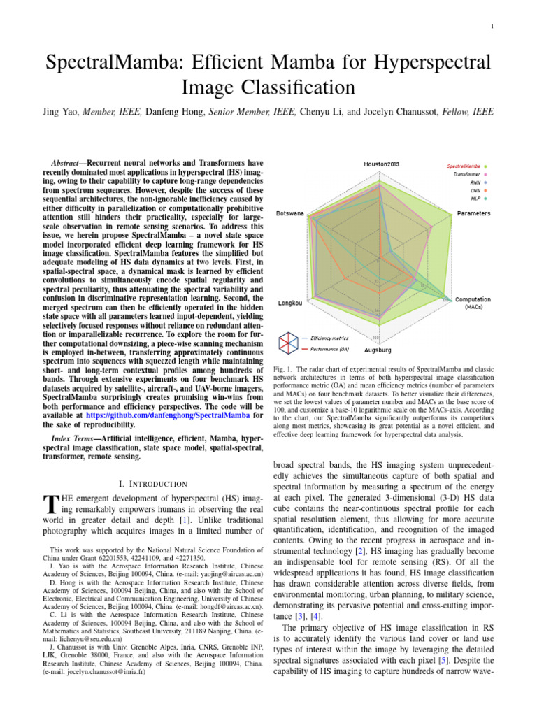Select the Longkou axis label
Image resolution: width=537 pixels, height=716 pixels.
(x=290, y=303)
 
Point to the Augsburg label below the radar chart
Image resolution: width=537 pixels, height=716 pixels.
(x=378, y=349)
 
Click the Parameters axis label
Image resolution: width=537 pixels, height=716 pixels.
(x=473, y=213)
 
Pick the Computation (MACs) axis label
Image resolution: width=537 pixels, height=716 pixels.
(x=473, y=303)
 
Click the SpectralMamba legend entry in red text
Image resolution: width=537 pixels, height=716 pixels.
(x=468, y=166)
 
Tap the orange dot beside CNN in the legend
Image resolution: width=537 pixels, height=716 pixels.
(x=485, y=189)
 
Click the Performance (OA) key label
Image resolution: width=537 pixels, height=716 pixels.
(x=329, y=348)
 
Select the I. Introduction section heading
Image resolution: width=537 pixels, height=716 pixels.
(x=154, y=483)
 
